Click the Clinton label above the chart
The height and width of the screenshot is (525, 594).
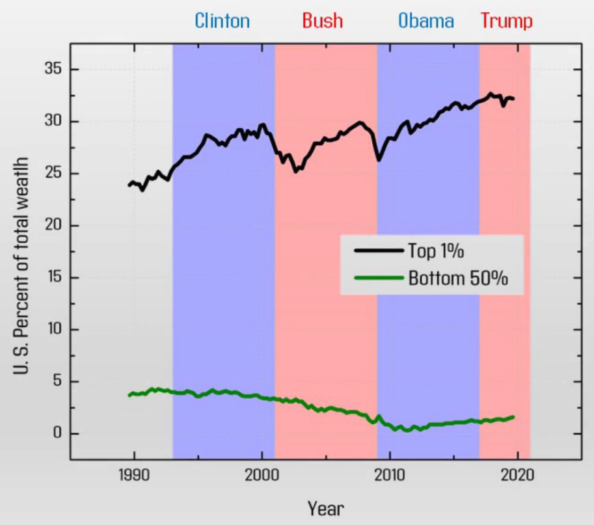click(222, 21)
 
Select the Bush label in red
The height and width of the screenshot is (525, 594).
click(322, 21)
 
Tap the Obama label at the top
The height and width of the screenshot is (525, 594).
click(426, 21)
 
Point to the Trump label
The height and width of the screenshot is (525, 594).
click(507, 21)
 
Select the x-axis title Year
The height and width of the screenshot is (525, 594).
click(326, 508)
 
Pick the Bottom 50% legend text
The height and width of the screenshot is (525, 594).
click(458, 278)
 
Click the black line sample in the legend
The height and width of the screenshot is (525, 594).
click(377, 251)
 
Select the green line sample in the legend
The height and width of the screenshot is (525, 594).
click(377, 278)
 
